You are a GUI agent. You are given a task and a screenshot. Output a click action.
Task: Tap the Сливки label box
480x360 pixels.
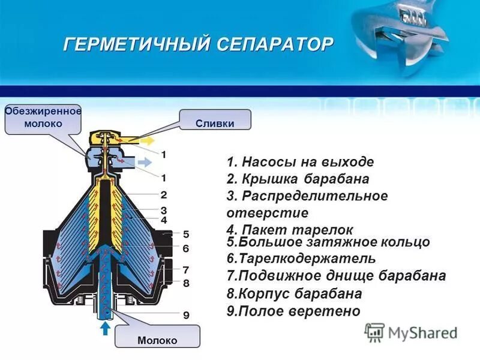tap(214, 123)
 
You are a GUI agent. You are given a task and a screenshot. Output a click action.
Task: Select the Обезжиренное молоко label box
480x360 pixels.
tap(43, 117)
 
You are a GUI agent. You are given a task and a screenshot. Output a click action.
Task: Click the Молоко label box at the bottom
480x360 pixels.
tap(157, 340)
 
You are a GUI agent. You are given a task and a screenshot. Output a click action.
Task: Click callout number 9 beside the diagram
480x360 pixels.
tap(186, 314)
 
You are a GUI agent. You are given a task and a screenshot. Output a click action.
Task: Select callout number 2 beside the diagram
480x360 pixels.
tap(163, 194)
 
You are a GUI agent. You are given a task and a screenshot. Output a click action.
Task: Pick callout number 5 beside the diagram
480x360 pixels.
tap(186, 233)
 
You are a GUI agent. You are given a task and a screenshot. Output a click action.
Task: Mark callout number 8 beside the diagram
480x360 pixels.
tap(186, 282)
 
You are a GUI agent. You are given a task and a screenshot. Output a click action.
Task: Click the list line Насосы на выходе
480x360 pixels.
tap(300, 162)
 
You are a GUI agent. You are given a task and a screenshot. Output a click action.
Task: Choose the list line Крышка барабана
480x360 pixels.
tap(298, 179)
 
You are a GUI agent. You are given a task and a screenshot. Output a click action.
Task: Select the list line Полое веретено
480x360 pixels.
tap(293, 311)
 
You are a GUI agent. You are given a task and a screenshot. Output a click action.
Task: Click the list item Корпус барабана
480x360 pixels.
tap(294, 294)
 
